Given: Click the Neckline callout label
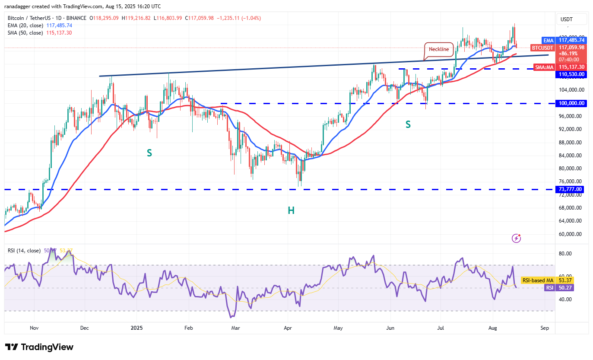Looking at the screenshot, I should pyautogui.click(x=439, y=49).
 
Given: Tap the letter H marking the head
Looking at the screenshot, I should pyautogui.click(x=291, y=210).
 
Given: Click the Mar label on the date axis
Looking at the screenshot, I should pyautogui.click(x=236, y=328).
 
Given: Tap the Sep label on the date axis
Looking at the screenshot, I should pyautogui.click(x=545, y=328).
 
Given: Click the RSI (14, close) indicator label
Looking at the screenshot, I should pyautogui.click(x=24, y=251).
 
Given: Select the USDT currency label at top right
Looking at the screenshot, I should pyautogui.click(x=566, y=19).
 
